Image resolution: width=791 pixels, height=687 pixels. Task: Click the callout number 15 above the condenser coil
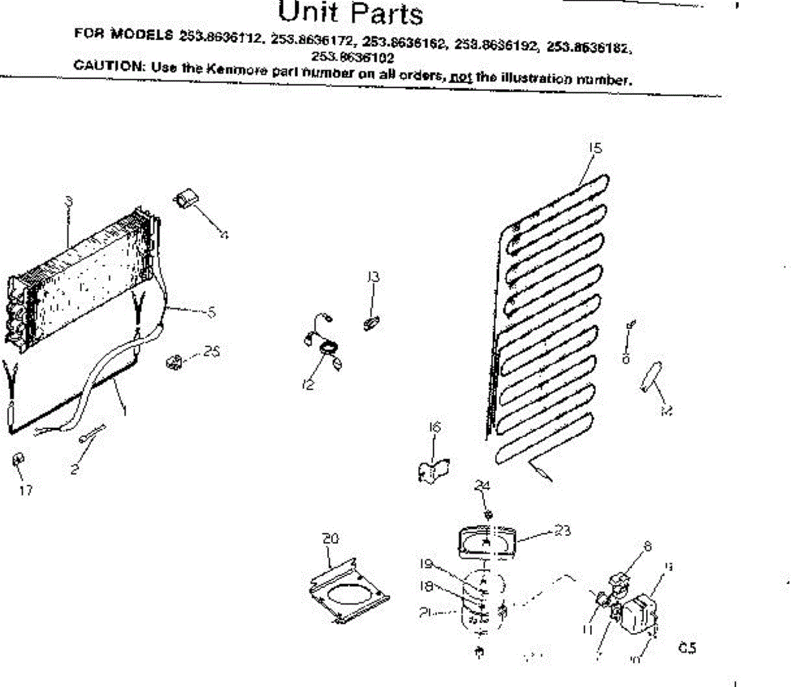595,148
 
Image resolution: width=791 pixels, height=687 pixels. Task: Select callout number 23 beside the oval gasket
562,530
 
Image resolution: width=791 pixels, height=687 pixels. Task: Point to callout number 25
211,351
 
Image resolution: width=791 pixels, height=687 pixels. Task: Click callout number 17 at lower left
26,490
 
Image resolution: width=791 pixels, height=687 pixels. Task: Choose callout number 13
374,277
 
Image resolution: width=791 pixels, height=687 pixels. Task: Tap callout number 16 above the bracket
434,427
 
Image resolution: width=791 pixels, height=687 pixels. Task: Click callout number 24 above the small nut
483,486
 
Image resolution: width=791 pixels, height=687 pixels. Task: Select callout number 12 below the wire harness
308,385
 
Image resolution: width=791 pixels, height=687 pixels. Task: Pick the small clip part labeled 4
187,197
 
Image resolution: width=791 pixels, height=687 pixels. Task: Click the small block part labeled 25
174,361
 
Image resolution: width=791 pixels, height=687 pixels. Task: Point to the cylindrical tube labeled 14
651,377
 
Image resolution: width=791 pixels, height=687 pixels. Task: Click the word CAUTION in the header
108,66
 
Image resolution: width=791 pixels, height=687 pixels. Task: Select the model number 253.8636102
353,57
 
